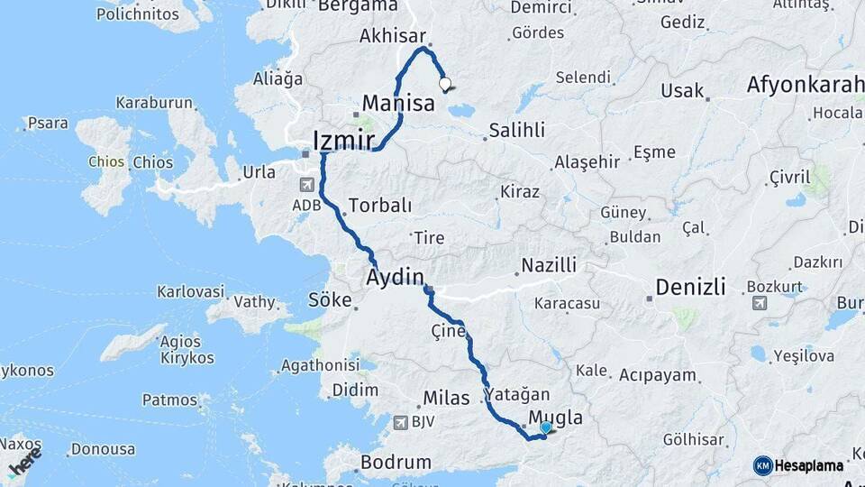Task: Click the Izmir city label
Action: click(x=343, y=141)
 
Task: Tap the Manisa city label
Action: click(x=398, y=103)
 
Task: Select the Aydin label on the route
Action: click(x=395, y=279)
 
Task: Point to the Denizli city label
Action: click(x=690, y=287)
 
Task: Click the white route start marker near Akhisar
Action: click(x=444, y=84)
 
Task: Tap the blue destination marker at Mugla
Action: click(x=545, y=427)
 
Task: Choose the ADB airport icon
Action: click(x=307, y=185)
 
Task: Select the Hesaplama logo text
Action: click(x=809, y=465)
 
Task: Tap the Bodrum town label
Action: click(x=396, y=462)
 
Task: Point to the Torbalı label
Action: click(x=379, y=205)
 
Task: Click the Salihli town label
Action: click(x=516, y=130)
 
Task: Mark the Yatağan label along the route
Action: click(x=516, y=394)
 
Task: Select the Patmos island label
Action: click(x=169, y=400)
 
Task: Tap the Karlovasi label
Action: click(x=190, y=291)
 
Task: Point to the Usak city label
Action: click(x=682, y=91)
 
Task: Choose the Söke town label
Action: click(x=330, y=300)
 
